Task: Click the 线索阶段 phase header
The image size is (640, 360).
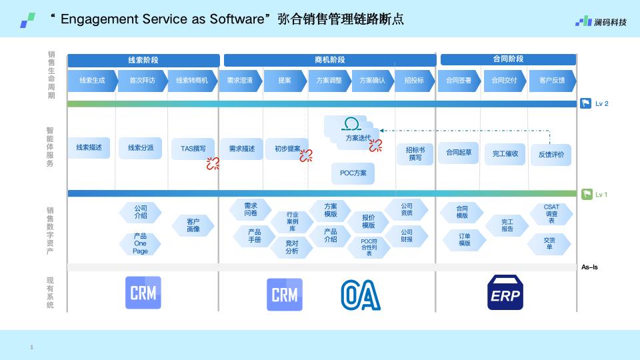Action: [x=143, y=60]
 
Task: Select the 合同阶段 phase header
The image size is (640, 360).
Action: [x=508, y=59]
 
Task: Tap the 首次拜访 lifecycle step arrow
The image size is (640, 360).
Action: [x=143, y=81]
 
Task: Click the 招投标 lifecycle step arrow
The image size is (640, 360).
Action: [x=414, y=81]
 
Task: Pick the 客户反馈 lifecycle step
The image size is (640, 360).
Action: [x=552, y=81]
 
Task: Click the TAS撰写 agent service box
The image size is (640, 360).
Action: [x=193, y=149]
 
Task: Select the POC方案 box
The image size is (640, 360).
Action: [x=353, y=173]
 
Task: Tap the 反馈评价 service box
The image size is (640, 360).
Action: [x=551, y=155]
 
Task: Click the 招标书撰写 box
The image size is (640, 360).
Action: [x=415, y=154]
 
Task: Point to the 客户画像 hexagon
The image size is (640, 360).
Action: [x=193, y=225]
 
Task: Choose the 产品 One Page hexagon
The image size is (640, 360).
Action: [x=140, y=244]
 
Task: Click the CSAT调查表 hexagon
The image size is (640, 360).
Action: [x=551, y=213]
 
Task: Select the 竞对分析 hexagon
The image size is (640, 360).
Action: [x=292, y=247]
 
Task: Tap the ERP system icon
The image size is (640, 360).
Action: [x=505, y=292]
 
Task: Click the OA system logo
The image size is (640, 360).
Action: [x=361, y=295]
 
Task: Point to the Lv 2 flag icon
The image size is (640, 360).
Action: [x=586, y=103]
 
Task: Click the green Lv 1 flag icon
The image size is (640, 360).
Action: [x=587, y=194]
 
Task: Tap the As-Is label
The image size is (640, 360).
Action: [x=589, y=267]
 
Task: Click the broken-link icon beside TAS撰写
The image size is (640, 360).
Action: [x=213, y=163]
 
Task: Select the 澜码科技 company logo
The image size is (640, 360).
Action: [x=601, y=21]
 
